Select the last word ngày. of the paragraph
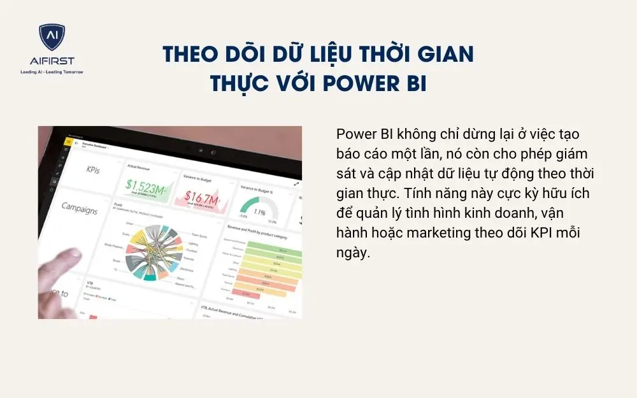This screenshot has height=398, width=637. [x=353, y=253]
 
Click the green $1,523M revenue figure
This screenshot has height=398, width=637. [x=143, y=185]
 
